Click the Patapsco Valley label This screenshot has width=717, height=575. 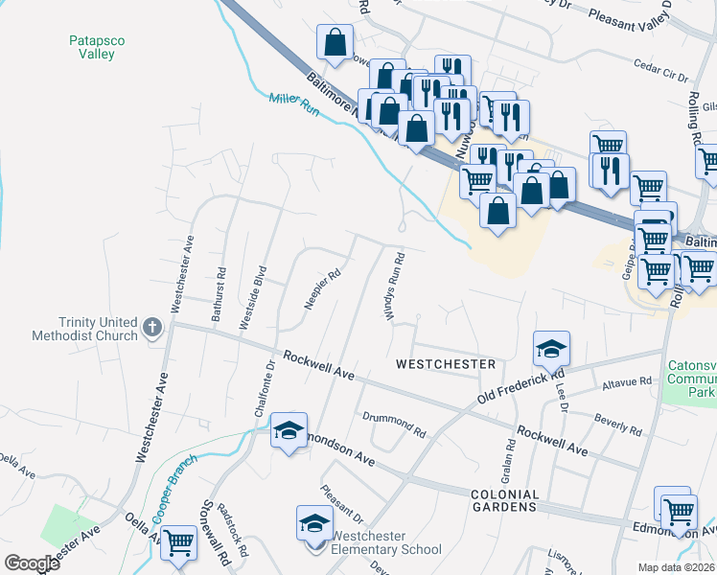tap(91, 47)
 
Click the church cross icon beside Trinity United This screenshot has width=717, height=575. tap(151, 328)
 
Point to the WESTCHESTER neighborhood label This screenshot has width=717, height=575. tap(446, 365)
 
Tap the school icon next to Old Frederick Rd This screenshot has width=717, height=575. tap(552, 349)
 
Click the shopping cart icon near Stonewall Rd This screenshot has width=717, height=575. tap(179, 541)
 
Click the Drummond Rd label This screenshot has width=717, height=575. tap(393, 422)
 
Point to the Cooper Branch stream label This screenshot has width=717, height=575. tap(174, 489)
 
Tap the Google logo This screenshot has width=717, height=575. tap(32, 563)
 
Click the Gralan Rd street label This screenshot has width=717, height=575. tap(508, 460)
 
